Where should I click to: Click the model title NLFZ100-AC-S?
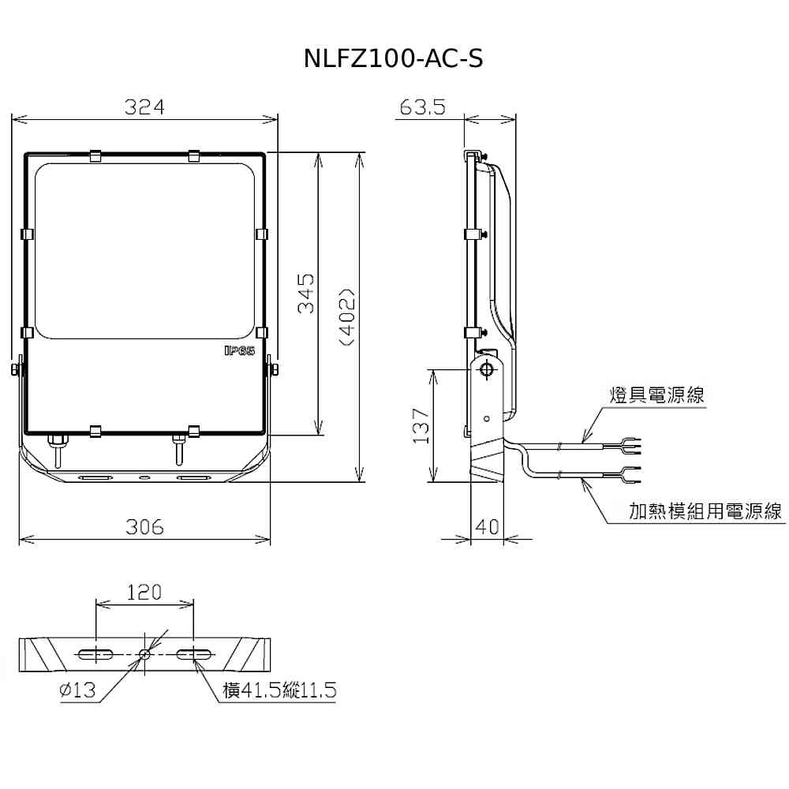[x=394, y=58]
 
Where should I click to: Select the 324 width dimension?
[x=144, y=107]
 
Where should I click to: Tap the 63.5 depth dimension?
[x=423, y=107]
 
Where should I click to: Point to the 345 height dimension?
[x=305, y=294]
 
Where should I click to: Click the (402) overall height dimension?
[x=348, y=317]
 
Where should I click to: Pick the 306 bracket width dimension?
[x=144, y=527]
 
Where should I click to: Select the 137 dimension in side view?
[x=421, y=426]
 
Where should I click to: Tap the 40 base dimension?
[x=487, y=527]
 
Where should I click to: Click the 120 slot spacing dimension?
[x=144, y=593]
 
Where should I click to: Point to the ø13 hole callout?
[x=77, y=690]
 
